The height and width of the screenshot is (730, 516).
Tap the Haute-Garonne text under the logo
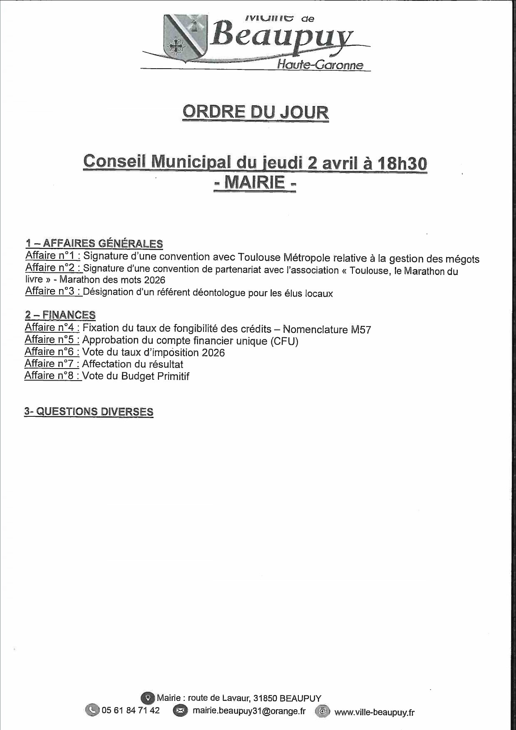point(320,65)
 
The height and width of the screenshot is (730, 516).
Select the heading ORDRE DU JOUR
point(256,112)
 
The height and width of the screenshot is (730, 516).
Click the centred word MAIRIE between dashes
point(255,183)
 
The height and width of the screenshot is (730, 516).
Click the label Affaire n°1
point(52,255)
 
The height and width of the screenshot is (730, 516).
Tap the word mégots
point(462,259)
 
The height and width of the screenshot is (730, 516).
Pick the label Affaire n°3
point(52,291)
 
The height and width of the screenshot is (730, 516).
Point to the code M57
point(360,330)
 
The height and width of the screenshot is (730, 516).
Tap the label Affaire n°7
point(52,364)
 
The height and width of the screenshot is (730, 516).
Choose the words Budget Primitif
point(155,376)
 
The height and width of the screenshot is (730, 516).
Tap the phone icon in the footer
point(92,710)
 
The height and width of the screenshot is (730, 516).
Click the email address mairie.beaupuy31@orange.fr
point(249,711)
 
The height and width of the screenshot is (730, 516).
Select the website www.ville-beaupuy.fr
point(374,713)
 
